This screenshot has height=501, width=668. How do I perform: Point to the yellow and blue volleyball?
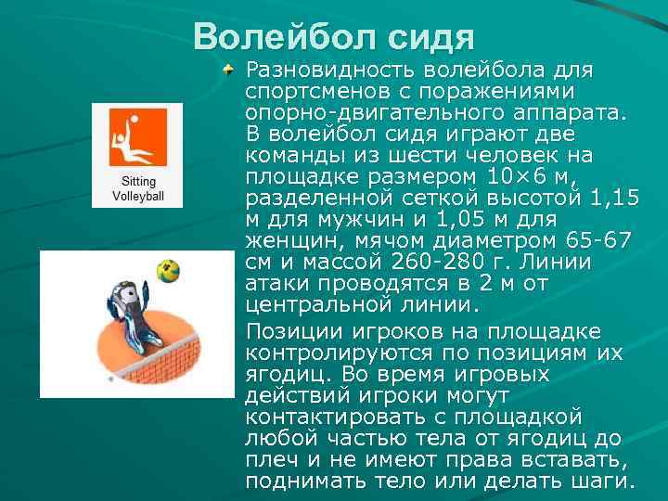coord(168,272)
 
